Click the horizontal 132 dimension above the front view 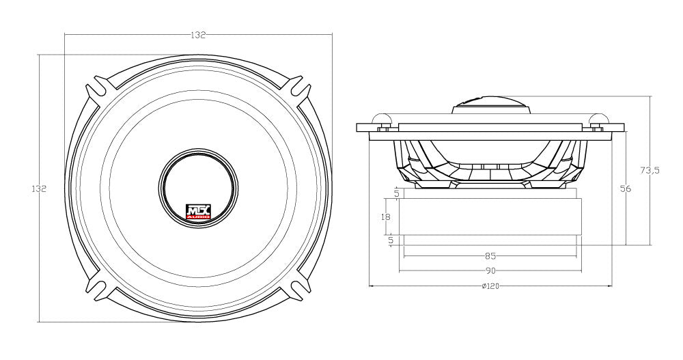[198, 34]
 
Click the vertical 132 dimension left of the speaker [39, 189]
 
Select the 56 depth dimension [624, 189]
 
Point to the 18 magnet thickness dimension [386, 217]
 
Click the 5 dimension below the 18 [391, 240]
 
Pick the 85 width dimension [490, 256]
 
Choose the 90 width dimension [490, 271]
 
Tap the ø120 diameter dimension [490, 286]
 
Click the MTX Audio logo [199, 212]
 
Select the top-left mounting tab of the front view [98, 92]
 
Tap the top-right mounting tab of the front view [298, 92]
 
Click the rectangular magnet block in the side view [490, 217]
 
